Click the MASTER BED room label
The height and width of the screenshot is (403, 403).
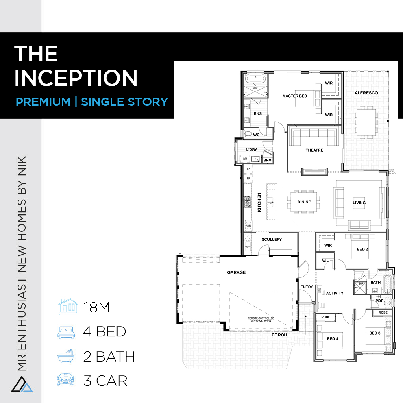coord(294,96)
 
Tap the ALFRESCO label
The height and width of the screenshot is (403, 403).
coord(366,93)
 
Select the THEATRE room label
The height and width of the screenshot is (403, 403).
coord(314,150)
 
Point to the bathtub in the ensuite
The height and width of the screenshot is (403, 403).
coord(255,79)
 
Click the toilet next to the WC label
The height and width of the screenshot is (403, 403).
coord(248,134)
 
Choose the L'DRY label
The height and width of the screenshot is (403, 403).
coord(251,150)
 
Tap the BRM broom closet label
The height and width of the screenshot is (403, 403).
coord(267,160)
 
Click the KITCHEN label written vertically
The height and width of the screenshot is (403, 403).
coord(259,202)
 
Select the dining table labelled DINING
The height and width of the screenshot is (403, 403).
coord(304,202)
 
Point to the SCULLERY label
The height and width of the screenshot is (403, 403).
coord(272,240)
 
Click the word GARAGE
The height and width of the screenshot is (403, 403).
coord(237,272)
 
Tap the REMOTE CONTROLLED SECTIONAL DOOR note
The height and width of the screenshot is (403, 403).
coord(261,320)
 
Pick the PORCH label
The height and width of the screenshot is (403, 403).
coord(279,335)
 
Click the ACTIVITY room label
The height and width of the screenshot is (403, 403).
coord(335,293)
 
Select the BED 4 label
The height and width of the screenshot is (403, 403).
coord(332,339)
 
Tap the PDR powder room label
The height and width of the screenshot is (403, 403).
coord(379,301)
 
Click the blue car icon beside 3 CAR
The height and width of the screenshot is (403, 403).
coord(66,379)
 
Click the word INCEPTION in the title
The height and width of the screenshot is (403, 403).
coord(76,78)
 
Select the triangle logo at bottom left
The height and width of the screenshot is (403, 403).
coord(22,384)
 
